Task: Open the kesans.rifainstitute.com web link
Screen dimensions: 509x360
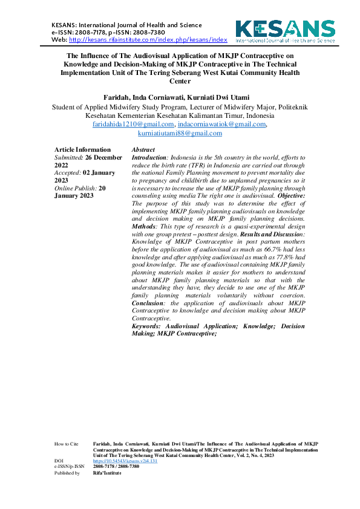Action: coord(148,39)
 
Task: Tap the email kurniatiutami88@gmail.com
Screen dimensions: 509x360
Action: coord(180,132)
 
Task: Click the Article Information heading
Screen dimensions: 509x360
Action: coord(82,149)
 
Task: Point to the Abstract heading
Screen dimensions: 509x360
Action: coord(143,149)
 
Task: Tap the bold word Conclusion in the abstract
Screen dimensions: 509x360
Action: coord(149,303)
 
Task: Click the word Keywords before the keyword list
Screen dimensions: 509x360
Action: coord(146,326)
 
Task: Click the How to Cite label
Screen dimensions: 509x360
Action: coord(66,444)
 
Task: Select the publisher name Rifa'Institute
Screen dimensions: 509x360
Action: coord(107,473)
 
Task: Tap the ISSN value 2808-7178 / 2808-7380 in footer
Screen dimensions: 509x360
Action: coord(116,467)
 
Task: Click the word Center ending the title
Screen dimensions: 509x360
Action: coord(180,80)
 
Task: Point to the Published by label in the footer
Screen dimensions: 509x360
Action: coord(67,473)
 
